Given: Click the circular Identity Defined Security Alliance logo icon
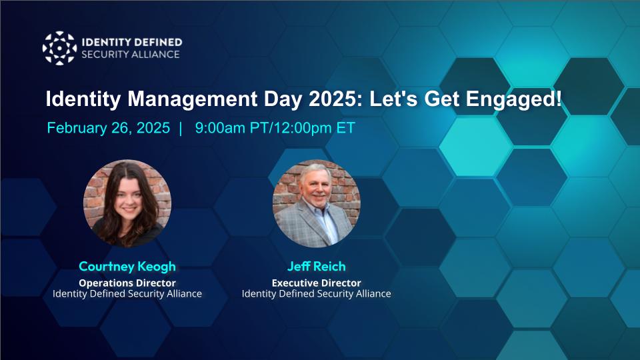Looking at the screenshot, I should click(x=59, y=48).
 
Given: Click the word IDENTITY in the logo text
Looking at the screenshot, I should click(x=107, y=42).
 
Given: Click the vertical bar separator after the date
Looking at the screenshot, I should click(x=180, y=128).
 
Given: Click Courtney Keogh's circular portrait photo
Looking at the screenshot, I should click(x=127, y=203).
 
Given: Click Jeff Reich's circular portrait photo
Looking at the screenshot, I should click(x=317, y=203).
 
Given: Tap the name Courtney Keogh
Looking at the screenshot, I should click(x=127, y=266).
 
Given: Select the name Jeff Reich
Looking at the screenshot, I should click(x=317, y=266).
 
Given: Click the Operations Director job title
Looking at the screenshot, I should click(x=127, y=282).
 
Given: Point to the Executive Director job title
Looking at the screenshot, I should click(x=317, y=282).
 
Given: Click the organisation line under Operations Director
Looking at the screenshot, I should click(x=127, y=293).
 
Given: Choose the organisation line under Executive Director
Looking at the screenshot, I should click(x=317, y=293).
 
